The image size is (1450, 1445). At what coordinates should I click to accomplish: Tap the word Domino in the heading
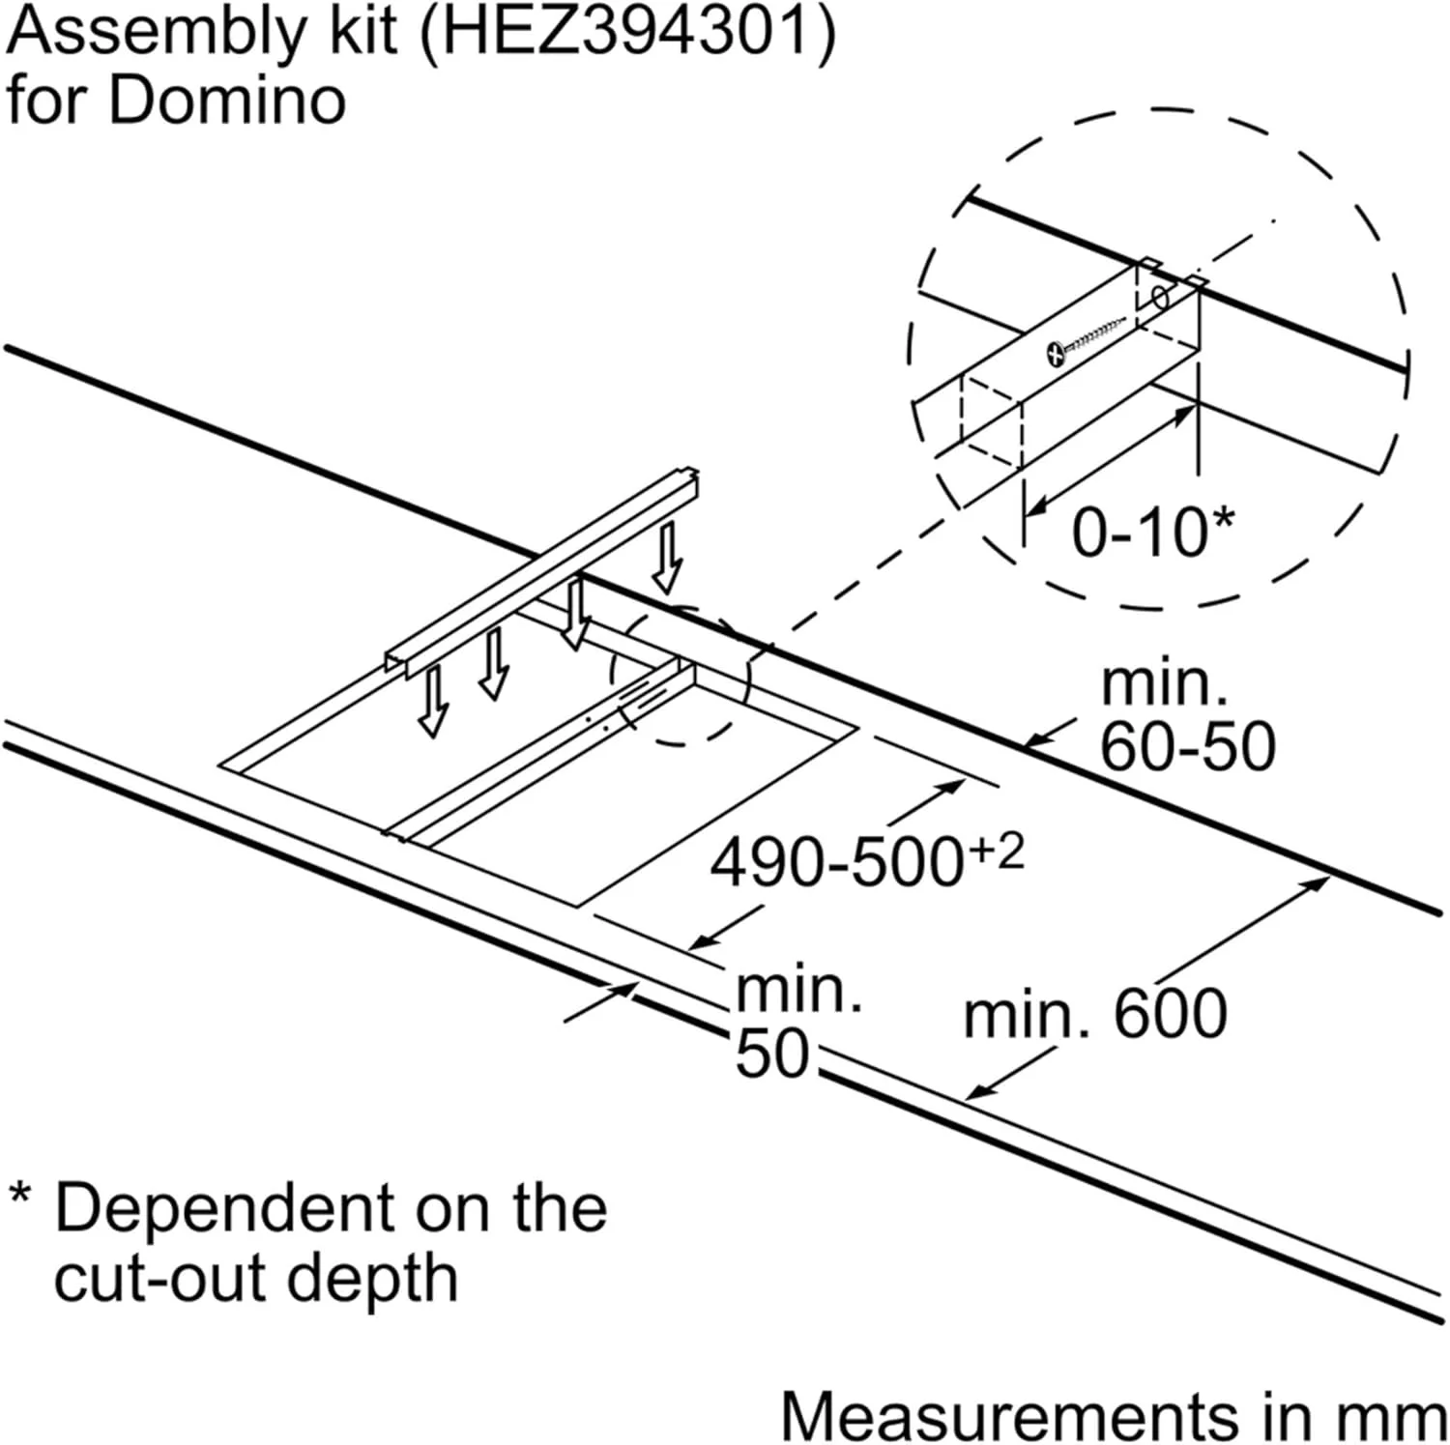226,101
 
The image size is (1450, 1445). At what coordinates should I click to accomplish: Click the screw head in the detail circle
1058,354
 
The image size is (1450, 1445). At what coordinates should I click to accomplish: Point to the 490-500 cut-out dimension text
836,863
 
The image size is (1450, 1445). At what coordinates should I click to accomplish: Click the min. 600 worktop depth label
1095,1015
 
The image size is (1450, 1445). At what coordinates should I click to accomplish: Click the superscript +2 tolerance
996,851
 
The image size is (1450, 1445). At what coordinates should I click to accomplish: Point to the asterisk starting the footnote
20,1195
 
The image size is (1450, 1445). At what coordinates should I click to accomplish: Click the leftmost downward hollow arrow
433,702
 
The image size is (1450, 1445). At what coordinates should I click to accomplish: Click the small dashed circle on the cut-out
681,677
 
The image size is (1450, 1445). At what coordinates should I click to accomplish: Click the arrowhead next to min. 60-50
1032,742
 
